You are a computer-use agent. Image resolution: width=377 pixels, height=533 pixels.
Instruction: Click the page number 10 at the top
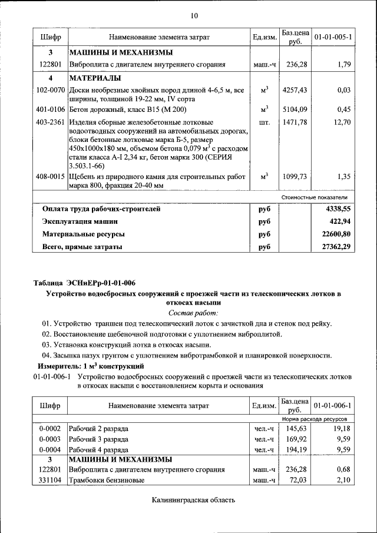tap(194, 15)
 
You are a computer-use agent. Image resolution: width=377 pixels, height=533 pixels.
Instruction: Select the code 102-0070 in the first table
tap(50, 90)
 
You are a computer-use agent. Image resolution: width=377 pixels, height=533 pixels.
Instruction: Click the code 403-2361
tap(50, 122)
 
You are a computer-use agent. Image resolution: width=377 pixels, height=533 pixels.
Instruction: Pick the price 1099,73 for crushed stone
tap(295, 176)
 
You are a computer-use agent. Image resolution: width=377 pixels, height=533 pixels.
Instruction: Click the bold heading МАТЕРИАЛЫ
tap(95, 78)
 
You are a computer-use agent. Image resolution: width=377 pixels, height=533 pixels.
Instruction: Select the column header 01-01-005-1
tap(333, 37)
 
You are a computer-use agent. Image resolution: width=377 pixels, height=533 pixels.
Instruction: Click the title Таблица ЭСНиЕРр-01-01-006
tap(84, 283)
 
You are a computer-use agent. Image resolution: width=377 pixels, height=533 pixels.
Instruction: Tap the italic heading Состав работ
tap(193, 313)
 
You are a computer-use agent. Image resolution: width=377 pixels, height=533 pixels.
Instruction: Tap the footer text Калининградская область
tap(193, 501)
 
